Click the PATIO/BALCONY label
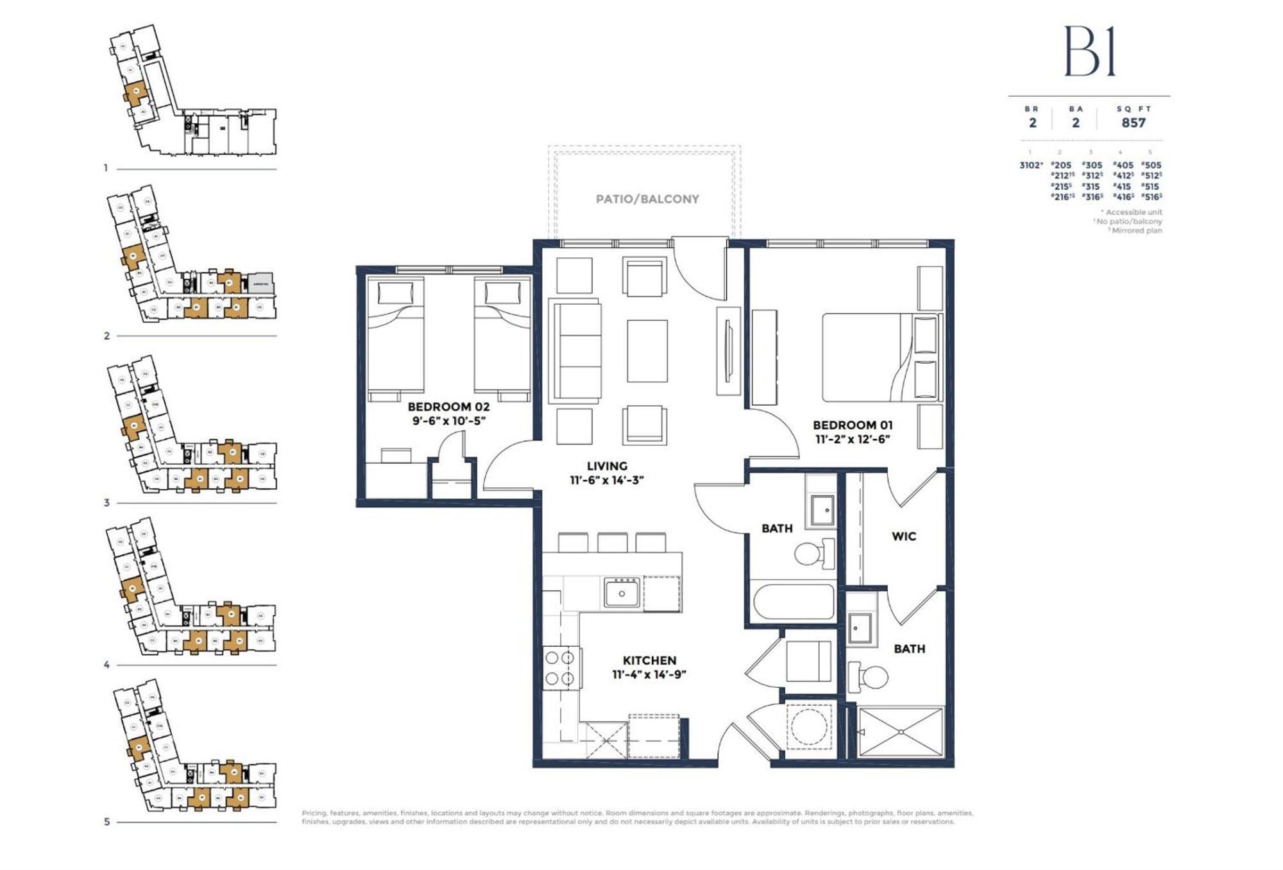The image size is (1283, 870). pos(647,199)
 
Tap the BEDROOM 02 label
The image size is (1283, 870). pos(448,407)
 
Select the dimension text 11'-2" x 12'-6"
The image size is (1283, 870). pos(853,439)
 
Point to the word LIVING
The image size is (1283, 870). pos(607,466)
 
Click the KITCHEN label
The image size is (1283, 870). pos(649,660)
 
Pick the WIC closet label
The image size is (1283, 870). pos(903,536)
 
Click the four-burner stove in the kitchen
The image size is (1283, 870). pos(559,668)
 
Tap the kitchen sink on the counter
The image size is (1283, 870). pos(621,593)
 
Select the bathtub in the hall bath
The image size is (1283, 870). pos(794,602)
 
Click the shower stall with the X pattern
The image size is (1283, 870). pos(901,732)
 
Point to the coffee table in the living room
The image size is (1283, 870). pos(647,351)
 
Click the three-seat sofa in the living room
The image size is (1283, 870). pos(577,351)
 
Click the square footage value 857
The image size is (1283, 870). pos(1133,123)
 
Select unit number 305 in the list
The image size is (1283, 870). pos(1092,165)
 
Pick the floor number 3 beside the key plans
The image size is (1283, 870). pos(106,503)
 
